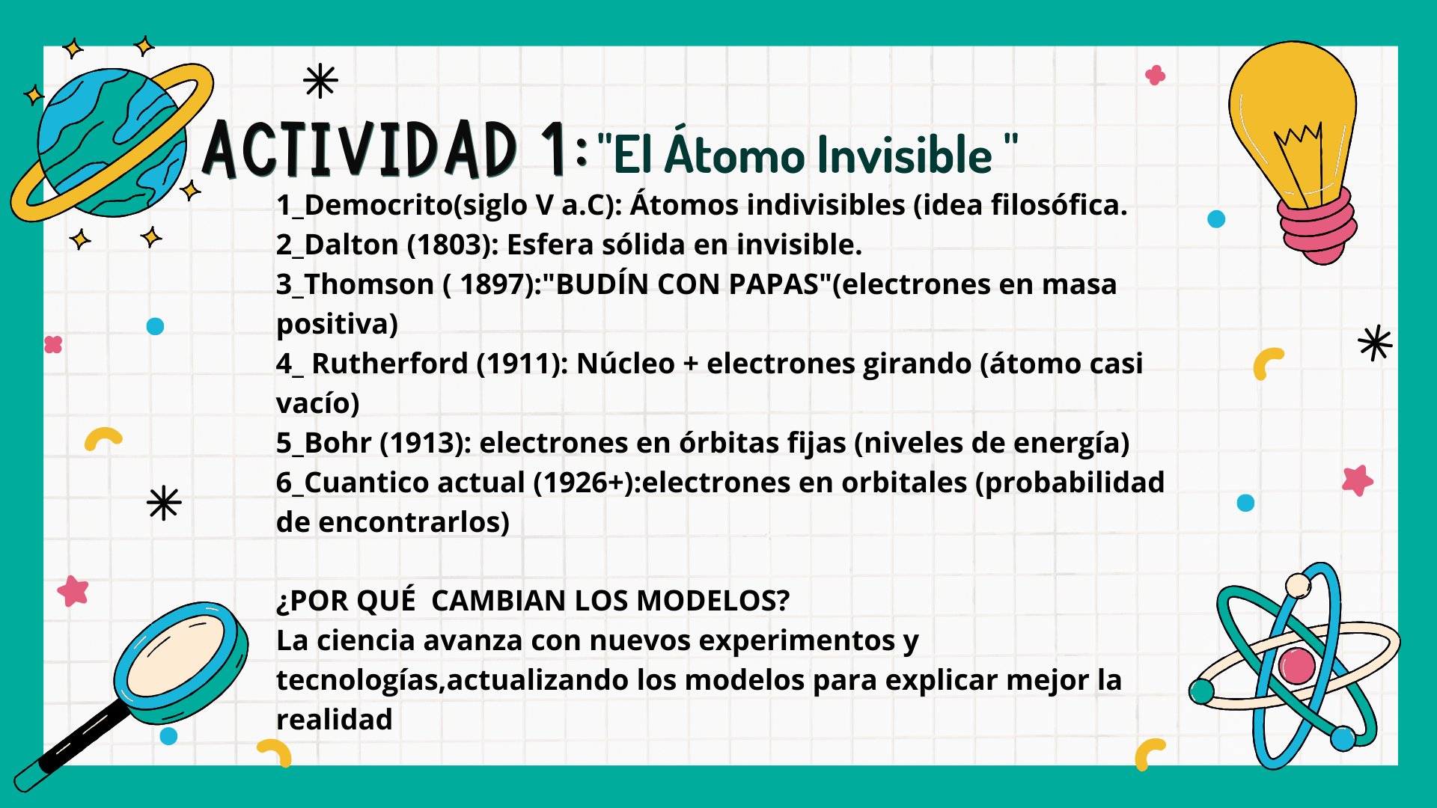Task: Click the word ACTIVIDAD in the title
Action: (x=360, y=149)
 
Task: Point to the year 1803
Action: (x=453, y=245)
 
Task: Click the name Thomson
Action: (x=369, y=284)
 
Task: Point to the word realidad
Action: (x=335, y=720)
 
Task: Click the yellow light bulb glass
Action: (x=1293, y=120)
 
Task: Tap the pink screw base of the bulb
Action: (x=1317, y=226)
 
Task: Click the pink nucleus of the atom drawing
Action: (x=1297, y=666)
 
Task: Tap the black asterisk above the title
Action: (x=320, y=81)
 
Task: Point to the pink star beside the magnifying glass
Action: (x=73, y=591)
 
